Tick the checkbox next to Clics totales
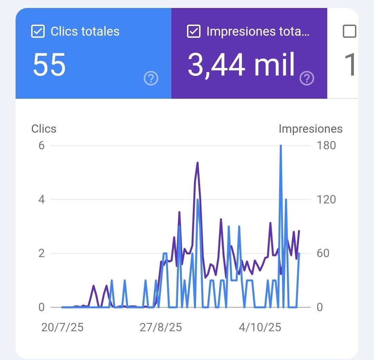[x=38, y=32]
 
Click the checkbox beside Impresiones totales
[x=193, y=32]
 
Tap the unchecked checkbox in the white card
[x=349, y=32]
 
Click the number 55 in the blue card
[x=49, y=65]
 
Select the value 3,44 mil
[x=241, y=65]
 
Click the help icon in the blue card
[x=151, y=79]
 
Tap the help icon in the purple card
[x=307, y=79]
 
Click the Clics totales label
[x=85, y=32]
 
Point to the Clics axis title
[x=44, y=129]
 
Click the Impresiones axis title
[x=310, y=129]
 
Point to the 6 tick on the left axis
[x=42, y=145]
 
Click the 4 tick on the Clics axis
[x=42, y=200]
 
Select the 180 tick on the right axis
[x=326, y=145]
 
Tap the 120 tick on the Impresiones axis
[x=326, y=200]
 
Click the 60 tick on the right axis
[x=323, y=253]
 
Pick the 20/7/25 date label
[x=62, y=327]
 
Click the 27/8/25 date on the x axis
[x=161, y=327]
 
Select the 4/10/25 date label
[x=260, y=327]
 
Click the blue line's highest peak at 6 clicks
[x=280, y=146]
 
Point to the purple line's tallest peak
[x=197, y=163]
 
